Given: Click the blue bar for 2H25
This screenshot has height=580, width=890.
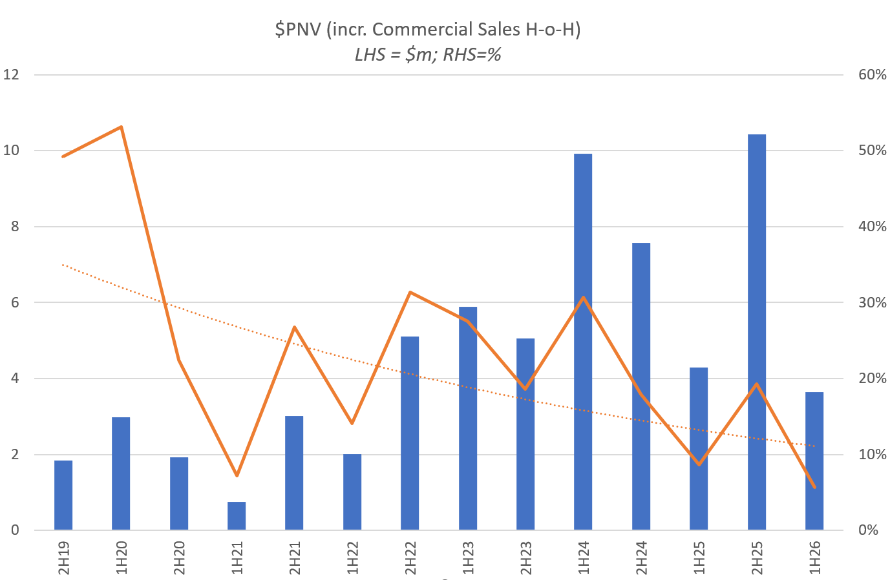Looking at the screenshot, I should click(756, 332).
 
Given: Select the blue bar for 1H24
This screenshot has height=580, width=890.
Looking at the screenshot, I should click(583, 342).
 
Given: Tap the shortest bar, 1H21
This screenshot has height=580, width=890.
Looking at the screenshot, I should click(237, 515).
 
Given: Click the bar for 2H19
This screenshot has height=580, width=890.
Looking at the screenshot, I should click(63, 495).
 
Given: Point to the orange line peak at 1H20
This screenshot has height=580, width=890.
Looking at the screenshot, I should click(122, 127).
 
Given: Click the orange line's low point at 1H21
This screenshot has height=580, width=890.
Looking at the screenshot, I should click(237, 475).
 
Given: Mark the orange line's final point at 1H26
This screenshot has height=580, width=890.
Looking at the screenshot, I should click(814, 487).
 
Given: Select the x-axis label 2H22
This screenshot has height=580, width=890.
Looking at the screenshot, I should click(410, 557).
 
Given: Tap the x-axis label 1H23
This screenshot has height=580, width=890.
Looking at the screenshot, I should click(468, 557).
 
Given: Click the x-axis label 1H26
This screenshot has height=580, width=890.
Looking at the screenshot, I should click(814, 557).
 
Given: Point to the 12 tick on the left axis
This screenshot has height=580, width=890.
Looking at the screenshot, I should click(12, 75).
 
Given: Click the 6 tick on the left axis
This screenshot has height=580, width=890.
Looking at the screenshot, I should click(14, 303).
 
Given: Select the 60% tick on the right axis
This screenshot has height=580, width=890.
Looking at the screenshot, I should click(872, 75).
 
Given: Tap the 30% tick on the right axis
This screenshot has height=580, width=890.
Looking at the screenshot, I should click(872, 303).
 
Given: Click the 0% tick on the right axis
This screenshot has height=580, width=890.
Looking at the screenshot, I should click(872, 530).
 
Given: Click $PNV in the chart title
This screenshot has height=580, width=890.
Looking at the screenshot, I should click(298, 30).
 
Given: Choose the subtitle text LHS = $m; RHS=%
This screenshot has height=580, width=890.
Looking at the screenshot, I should click(428, 55).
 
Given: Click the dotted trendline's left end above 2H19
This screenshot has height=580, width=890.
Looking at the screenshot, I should click(63, 265).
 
